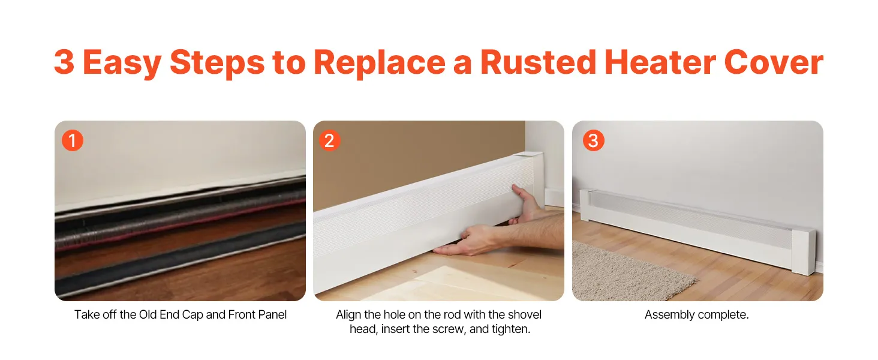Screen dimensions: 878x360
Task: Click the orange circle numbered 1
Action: point(73,140)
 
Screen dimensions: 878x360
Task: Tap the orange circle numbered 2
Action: point(330,140)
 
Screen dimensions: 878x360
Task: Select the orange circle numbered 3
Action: point(594,140)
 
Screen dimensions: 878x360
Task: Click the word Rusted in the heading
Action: point(538,62)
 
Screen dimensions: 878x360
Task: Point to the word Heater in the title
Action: point(660,62)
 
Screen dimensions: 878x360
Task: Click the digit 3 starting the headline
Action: point(64,62)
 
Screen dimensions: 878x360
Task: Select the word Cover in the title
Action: point(773,62)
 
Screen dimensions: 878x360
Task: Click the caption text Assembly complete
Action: point(696,314)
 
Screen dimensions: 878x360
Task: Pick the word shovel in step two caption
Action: point(524,314)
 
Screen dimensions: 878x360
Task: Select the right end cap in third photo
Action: point(803,251)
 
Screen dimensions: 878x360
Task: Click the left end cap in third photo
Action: point(585,205)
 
